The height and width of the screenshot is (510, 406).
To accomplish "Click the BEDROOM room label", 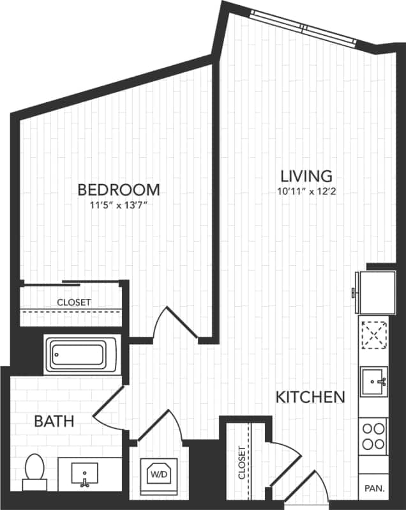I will (x=118, y=190).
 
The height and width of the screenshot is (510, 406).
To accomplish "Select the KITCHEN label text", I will (x=310, y=397).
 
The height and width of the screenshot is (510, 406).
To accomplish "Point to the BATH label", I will (x=54, y=421).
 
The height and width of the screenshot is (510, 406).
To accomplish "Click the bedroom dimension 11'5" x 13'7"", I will (x=118, y=206).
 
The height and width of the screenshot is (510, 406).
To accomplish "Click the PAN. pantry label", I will (x=374, y=489).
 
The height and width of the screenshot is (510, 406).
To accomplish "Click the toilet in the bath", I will (x=34, y=470).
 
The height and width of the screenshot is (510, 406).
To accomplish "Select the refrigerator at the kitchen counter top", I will (x=376, y=291).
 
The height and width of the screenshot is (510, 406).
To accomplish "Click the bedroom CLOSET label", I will (x=73, y=302).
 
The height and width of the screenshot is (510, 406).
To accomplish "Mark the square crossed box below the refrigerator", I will (x=374, y=334).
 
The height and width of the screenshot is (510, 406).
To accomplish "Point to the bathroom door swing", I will (x=109, y=412).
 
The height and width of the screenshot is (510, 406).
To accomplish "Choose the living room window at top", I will (x=304, y=27).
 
